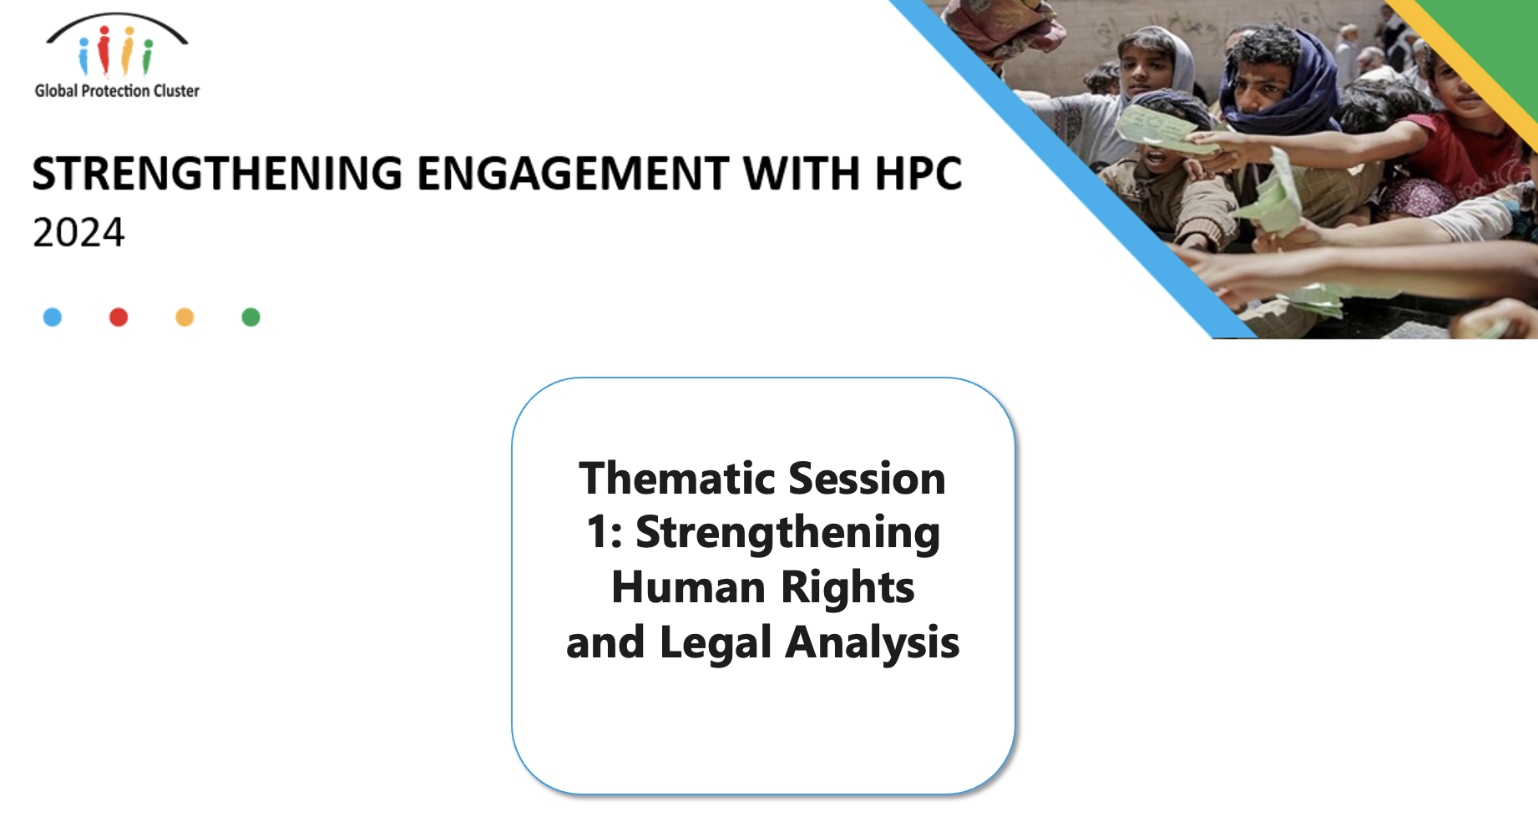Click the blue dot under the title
[x=52, y=317]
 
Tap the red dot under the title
[x=119, y=317]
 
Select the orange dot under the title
[x=185, y=317]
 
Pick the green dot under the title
[x=250, y=317]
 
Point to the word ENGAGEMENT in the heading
[x=573, y=174]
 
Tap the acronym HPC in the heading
[x=918, y=174]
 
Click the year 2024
[x=78, y=232]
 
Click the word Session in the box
[x=867, y=478]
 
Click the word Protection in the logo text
[x=115, y=90]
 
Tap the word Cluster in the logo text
[x=176, y=90]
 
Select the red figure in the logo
[x=104, y=50]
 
